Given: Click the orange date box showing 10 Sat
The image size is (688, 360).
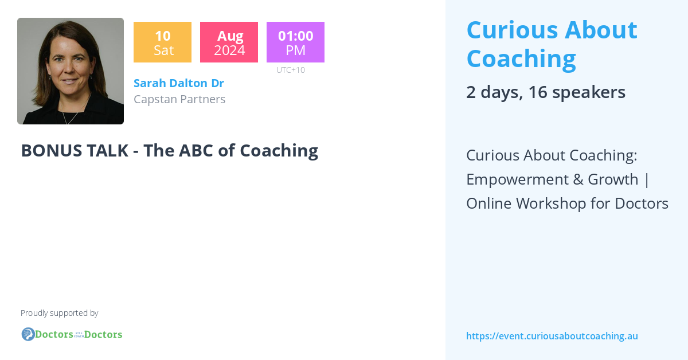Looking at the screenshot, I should point(162,42).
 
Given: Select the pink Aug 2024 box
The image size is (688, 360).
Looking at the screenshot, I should point(229,42).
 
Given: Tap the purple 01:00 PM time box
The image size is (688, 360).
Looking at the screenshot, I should point(295,42).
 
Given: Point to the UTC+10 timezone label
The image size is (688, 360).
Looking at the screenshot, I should point(291,70).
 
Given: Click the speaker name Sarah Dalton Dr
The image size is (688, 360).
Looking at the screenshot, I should point(179,83).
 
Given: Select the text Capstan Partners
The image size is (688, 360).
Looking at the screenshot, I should point(179,99).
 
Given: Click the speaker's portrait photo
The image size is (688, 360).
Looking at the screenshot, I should point(71,71).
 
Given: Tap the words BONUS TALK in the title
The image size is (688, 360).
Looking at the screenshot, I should point(74,150).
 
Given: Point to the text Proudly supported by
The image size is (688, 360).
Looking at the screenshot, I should point(60,313).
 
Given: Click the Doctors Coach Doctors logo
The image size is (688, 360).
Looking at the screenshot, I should point(72,334).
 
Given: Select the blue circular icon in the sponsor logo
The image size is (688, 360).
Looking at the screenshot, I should point(28,334).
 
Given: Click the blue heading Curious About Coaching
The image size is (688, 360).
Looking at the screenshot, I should point(552,44).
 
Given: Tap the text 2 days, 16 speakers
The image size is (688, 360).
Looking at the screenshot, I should point(545,92).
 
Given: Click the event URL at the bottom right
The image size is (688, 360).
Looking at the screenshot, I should point(552,336).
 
